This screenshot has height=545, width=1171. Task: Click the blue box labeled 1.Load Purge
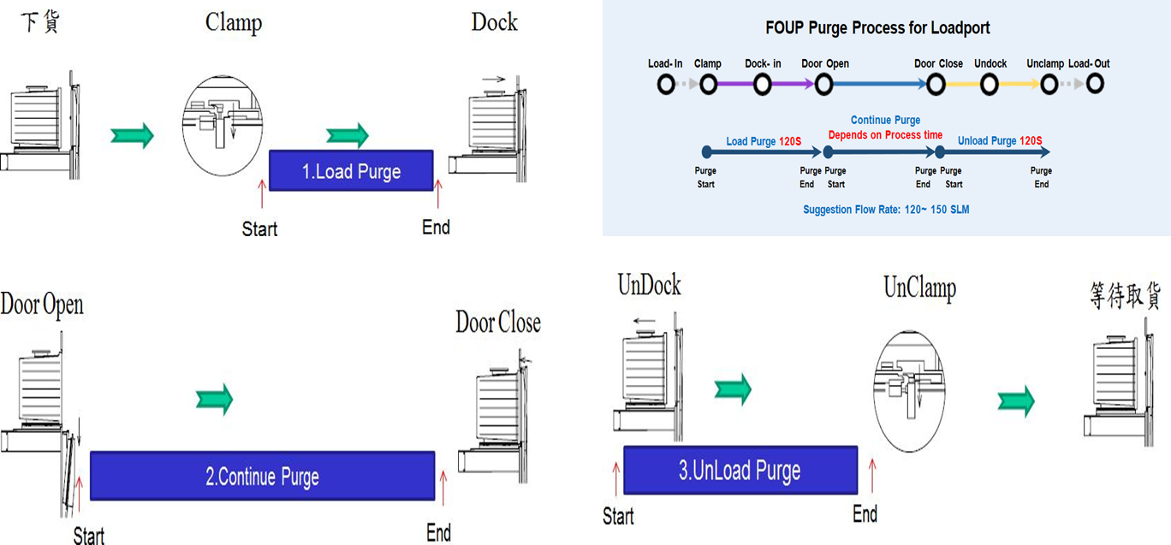pyautogui.click(x=351, y=170)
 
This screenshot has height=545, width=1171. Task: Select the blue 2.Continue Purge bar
pyautogui.click(x=262, y=476)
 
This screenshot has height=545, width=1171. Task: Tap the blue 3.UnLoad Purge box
pyautogui.click(x=740, y=470)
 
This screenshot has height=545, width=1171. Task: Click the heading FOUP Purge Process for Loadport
pyautogui.click(x=877, y=28)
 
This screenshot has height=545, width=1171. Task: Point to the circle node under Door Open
pyautogui.click(x=824, y=84)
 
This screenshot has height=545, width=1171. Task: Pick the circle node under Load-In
pyautogui.click(x=666, y=84)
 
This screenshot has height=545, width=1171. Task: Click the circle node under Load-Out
pyautogui.click(x=1094, y=84)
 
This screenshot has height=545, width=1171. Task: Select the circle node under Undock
pyautogui.click(x=990, y=84)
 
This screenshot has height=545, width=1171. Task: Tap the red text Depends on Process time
pyautogui.click(x=885, y=135)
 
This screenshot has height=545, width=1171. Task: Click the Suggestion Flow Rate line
pyautogui.click(x=886, y=210)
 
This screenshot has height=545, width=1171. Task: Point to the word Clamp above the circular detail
pyautogui.click(x=234, y=21)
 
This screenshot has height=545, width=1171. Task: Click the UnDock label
pyautogui.click(x=650, y=286)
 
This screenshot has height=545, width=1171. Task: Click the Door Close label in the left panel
pyautogui.click(x=497, y=323)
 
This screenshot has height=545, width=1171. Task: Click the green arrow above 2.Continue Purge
pyautogui.click(x=214, y=398)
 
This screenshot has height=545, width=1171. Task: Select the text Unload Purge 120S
pyautogui.click(x=1000, y=141)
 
